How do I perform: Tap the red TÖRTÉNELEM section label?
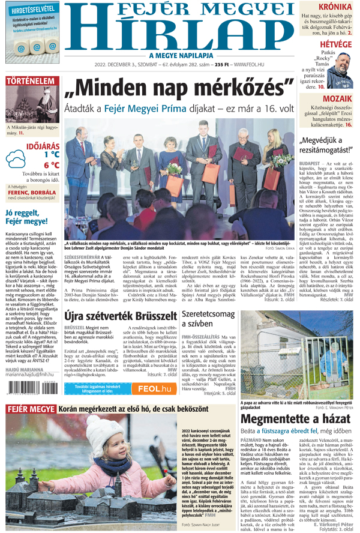click(28, 81)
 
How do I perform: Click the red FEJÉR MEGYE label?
click(30, 409)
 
